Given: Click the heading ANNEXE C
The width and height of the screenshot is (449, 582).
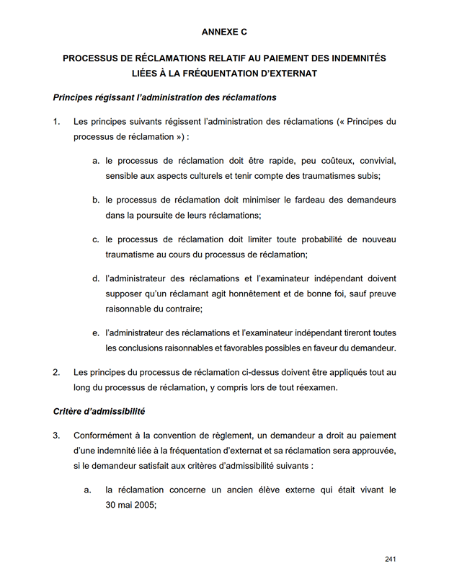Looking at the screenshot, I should (224, 32).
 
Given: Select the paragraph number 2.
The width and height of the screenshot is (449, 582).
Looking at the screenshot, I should (56, 372).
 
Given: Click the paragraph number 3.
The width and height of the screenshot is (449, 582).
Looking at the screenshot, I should (56, 435).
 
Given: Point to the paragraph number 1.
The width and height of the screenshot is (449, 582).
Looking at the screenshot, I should (56, 121).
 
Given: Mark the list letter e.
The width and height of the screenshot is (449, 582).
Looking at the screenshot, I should (95, 332).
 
